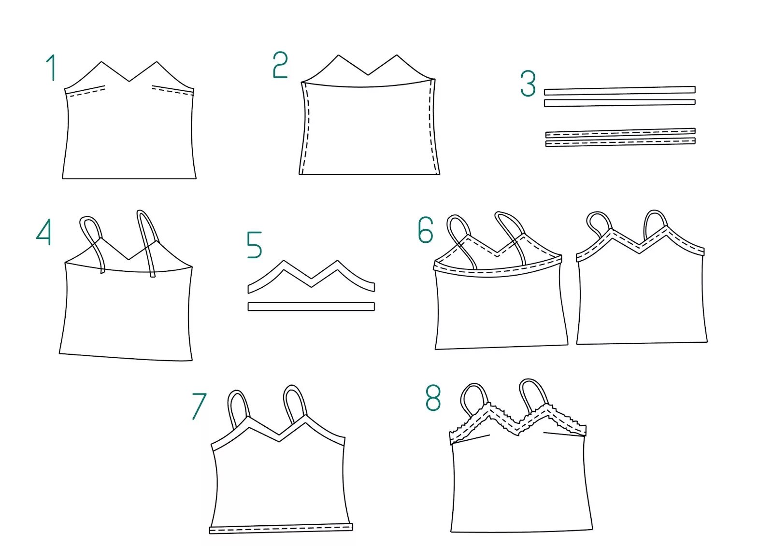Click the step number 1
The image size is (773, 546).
[51, 68]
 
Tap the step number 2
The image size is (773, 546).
[280, 65]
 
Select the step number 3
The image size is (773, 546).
[528, 84]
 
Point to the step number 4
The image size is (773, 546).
[44, 232]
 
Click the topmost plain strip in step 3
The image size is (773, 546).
[619, 90]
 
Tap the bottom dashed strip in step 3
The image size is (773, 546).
[620, 142]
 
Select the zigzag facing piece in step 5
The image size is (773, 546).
[311, 278]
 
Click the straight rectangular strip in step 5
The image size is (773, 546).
[311, 307]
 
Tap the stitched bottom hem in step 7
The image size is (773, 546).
[280, 530]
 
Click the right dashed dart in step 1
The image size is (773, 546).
[172, 90]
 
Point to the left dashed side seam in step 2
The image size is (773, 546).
[304, 128]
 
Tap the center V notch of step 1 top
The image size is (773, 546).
[129, 81]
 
